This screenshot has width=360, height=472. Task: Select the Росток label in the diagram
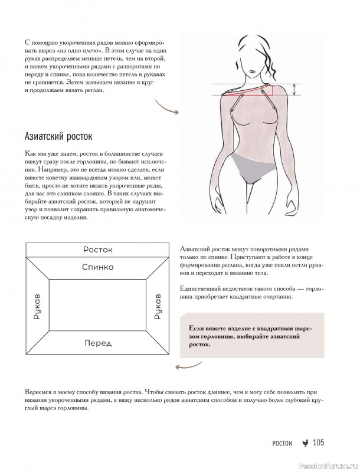tap(97, 250)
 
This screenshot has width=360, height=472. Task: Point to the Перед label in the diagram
tap(97, 343)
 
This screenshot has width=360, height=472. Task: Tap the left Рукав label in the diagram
tap(37, 306)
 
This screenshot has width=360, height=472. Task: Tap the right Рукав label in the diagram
tap(158, 306)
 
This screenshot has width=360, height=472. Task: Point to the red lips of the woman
tap(251, 74)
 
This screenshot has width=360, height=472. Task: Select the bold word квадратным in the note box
tap(283, 328)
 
